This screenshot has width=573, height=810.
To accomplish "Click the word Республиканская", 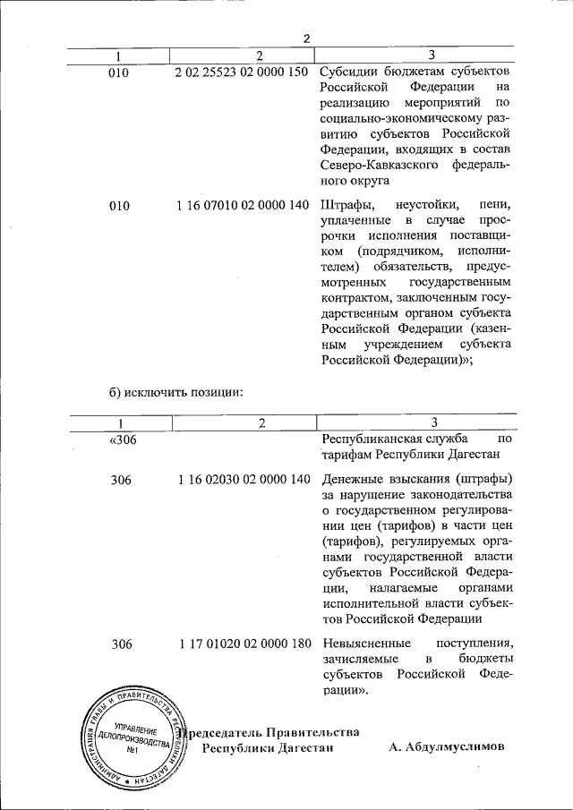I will pos(371,439).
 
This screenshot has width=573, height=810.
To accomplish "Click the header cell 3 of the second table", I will pos(433,422).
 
